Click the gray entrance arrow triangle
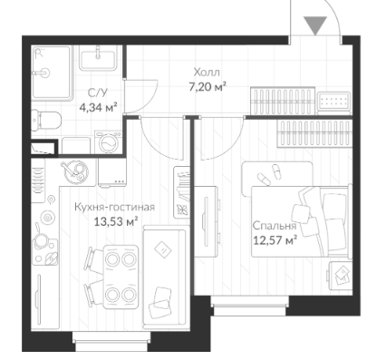point(315,24)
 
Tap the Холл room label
point(207,73)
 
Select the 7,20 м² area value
point(207,88)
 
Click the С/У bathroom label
point(97,92)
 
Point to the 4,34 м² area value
point(98,107)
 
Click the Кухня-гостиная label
point(114,208)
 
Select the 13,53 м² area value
point(116,221)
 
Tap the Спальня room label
point(274,226)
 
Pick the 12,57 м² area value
point(275,240)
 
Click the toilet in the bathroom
point(46,121)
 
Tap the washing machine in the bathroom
point(108,142)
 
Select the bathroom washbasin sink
point(98,58)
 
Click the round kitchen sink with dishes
point(74,172)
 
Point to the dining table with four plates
point(121,277)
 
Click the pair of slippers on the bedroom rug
point(269,174)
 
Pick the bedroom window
point(249,306)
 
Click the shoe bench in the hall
point(283,100)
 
